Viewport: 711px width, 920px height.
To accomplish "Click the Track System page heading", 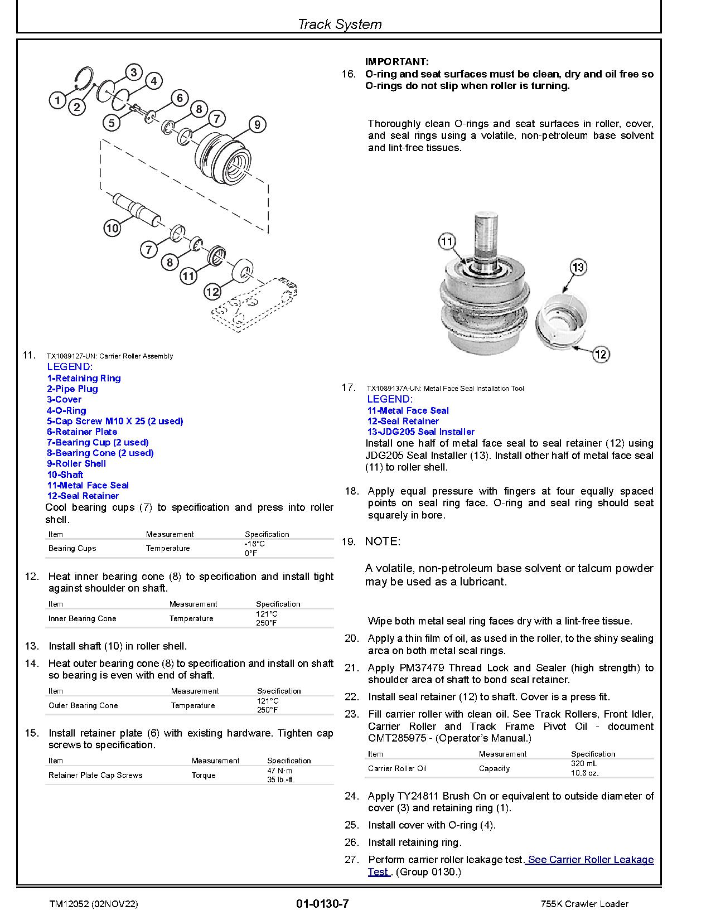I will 339,24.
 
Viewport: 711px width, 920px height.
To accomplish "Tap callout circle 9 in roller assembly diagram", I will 257,124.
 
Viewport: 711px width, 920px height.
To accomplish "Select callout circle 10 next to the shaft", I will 112,227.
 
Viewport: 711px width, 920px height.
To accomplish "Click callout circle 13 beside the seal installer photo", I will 578,267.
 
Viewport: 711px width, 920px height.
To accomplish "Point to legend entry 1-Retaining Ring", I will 84,378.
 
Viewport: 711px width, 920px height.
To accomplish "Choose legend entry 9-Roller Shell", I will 76,463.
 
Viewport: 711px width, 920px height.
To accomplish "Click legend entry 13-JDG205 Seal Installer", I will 420,432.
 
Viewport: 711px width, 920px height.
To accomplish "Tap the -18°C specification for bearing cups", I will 254,544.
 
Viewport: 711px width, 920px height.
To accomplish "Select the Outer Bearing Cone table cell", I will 83,705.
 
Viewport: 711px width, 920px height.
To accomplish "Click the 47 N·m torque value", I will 280,771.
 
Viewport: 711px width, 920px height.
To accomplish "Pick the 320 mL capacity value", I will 584,764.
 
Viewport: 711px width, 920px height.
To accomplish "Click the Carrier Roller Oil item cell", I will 397,768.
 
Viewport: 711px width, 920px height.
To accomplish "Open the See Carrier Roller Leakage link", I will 590,859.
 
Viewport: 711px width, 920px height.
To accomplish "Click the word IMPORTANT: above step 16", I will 397,62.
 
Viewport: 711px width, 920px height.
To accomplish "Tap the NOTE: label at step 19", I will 383,541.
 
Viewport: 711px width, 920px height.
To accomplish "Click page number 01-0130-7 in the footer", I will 323,903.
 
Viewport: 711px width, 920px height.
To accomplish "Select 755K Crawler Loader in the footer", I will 584,904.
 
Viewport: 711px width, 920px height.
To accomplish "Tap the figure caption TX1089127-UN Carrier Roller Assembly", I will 110,356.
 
